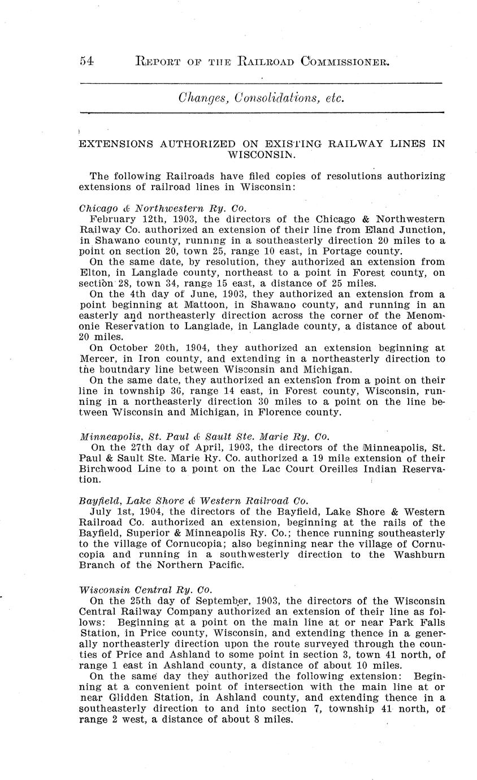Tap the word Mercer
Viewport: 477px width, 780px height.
98,359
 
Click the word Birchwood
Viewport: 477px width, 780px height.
108,469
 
